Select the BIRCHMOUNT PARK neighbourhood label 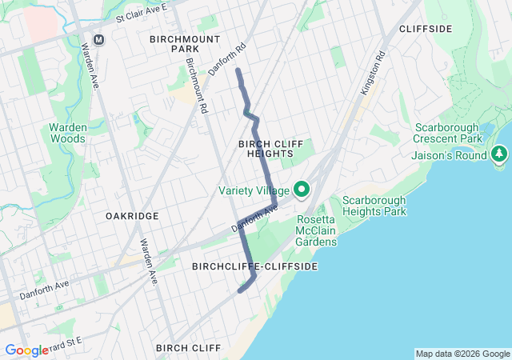pos(174,43)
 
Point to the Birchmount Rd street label pos(196,84)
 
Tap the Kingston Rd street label pos(373,74)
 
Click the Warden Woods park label pos(67,133)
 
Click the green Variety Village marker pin pos(302,190)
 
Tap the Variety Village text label pos(254,190)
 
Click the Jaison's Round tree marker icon pos(500,152)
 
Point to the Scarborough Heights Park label pos(374,206)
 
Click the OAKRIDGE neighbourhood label pos(132,216)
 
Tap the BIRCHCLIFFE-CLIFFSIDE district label pos(255,266)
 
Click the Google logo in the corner pos(26,350)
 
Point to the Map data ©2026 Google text pos(462,354)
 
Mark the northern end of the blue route pos(238,71)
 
